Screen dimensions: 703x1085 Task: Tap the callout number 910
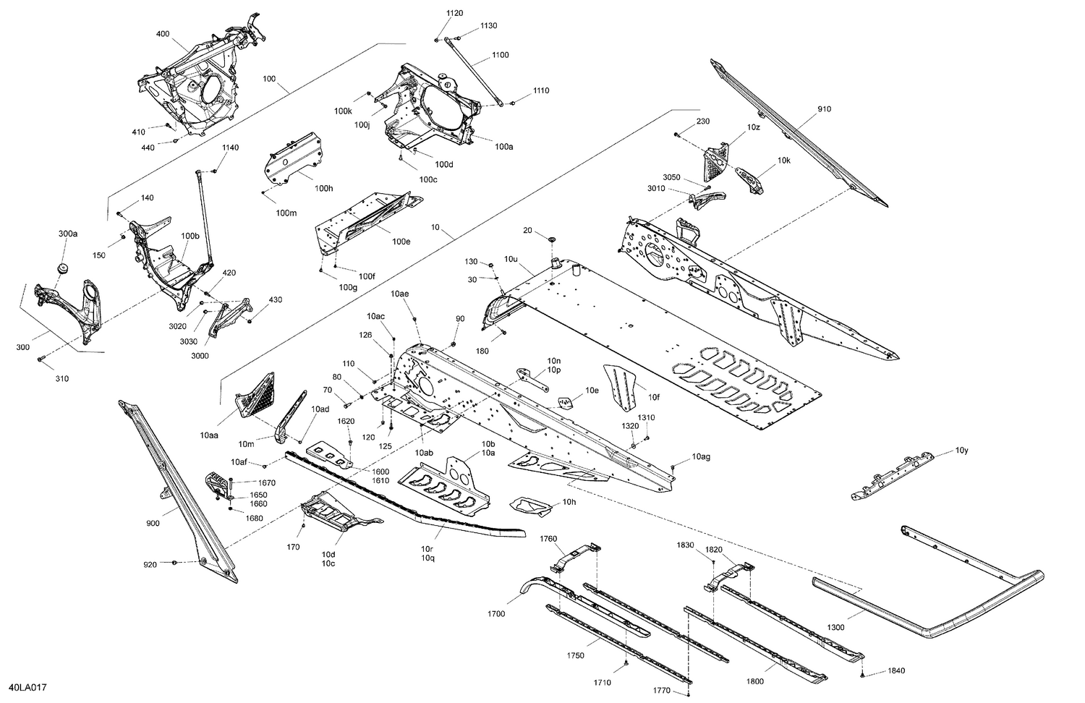tap(825, 109)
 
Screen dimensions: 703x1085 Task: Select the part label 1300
tap(835, 627)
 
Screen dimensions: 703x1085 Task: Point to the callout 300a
tap(68, 234)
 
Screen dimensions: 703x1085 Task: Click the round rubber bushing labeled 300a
tap(62, 269)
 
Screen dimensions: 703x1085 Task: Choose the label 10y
tap(961, 451)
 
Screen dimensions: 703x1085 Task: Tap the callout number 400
tap(163, 34)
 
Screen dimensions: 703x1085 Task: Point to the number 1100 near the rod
tap(500, 55)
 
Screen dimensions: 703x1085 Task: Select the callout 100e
tap(401, 242)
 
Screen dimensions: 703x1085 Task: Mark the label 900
tap(153, 523)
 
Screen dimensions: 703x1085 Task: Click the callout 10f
tap(654, 396)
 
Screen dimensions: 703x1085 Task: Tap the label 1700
tap(496, 614)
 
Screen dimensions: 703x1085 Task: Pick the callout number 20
tap(527, 230)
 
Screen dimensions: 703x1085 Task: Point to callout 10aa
tap(210, 436)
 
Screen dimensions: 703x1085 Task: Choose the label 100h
tap(324, 189)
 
